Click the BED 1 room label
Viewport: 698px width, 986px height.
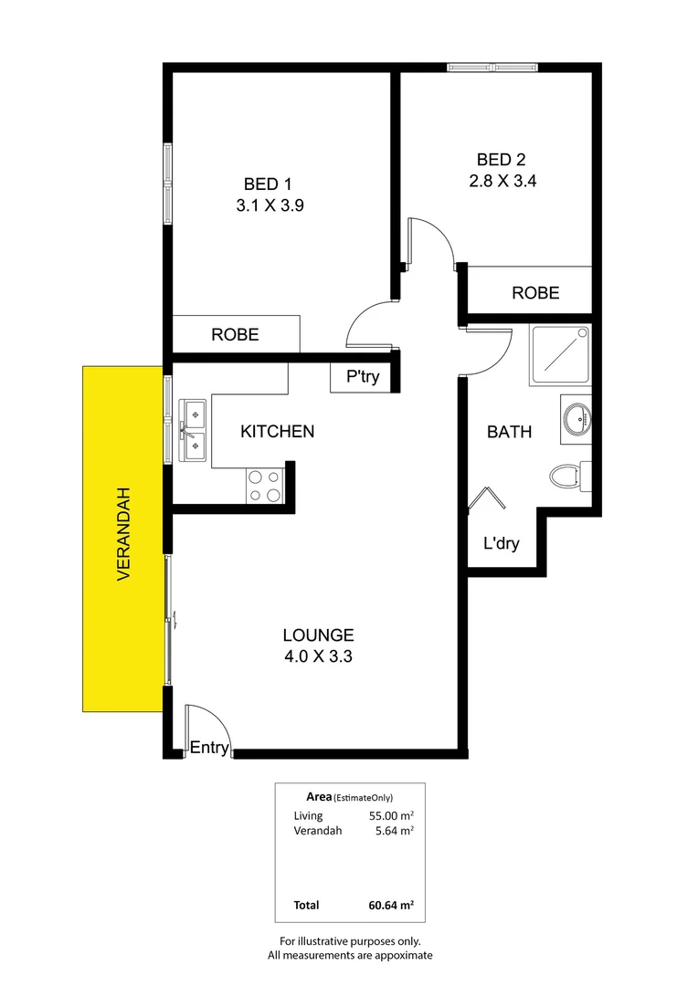[269, 183]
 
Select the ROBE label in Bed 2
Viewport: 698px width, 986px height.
[534, 293]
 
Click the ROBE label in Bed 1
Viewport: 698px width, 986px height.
[235, 335]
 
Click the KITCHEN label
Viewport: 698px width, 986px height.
[277, 431]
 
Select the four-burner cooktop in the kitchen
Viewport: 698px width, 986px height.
[265, 486]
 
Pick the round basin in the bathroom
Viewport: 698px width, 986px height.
[576, 421]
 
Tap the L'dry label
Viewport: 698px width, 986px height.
[501, 544]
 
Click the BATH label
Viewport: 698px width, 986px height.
[509, 432]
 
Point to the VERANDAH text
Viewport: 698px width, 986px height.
[123, 535]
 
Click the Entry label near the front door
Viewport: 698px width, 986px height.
[208, 748]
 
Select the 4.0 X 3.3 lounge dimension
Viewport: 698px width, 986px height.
[318, 656]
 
